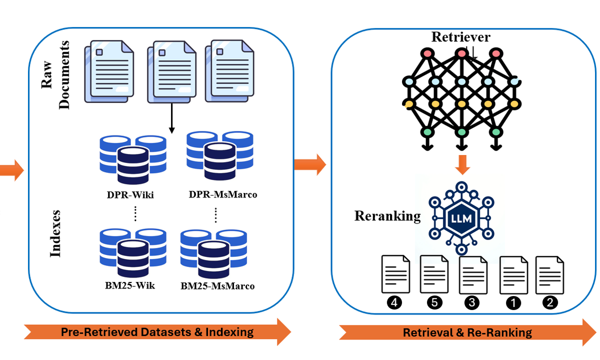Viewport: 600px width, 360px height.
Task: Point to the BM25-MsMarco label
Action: coord(217,286)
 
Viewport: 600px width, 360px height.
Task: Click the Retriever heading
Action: coord(460,37)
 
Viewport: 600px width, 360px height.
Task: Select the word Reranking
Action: coord(387,216)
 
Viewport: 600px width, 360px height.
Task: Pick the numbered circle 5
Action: coord(432,302)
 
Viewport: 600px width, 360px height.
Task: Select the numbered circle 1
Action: coord(513,302)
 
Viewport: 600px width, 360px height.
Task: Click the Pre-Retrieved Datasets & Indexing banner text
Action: coord(157,331)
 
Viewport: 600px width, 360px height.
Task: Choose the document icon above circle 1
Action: coord(514,274)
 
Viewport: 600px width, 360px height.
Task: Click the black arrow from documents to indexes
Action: coord(171,117)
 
